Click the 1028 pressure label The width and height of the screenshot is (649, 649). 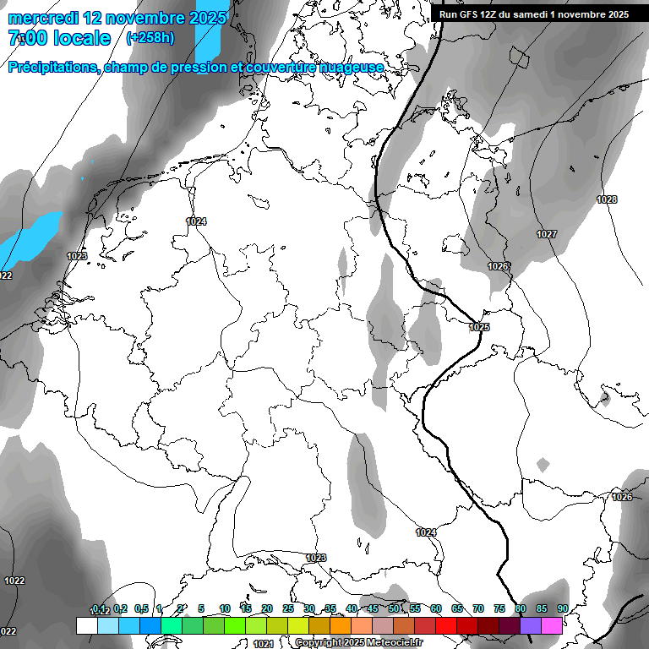tap(606, 199)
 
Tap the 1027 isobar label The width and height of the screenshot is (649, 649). tap(546, 234)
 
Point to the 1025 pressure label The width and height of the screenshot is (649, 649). tap(479, 327)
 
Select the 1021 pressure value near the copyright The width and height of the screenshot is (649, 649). tap(263, 643)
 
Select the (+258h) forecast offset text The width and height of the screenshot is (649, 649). tap(150, 38)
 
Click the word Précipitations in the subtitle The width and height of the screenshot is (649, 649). tap(52, 67)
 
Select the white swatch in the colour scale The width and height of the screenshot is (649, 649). tap(86, 625)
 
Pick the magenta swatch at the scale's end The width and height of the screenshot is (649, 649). tap(552, 625)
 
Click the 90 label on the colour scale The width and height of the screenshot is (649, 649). tap(562, 608)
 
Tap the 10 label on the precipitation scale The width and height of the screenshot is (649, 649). tap(224, 608)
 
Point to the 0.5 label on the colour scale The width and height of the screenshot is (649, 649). tap(141, 608)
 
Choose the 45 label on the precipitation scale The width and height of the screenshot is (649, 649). tap(372, 608)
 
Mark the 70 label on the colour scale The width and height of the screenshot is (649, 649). tap(477, 608)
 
